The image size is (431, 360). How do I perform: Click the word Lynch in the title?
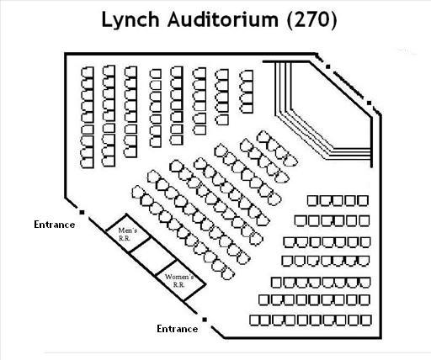point(130,20)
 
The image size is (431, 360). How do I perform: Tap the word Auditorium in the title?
point(223,19)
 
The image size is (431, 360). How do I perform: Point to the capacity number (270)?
point(311,20)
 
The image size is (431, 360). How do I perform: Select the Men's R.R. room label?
point(128,234)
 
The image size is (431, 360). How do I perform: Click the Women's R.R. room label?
point(179,280)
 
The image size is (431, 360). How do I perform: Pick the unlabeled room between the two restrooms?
point(154,256)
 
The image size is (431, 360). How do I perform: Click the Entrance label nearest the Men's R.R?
point(55,225)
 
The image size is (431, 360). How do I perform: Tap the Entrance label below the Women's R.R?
point(178,329)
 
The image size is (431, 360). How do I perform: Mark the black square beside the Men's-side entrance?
point(82,212)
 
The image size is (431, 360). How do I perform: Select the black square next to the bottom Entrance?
point(205,320)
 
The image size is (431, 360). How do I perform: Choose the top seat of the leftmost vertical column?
point(88,71)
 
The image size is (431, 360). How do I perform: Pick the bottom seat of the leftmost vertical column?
point(88,162)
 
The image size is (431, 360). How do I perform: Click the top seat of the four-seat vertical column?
point(247,76)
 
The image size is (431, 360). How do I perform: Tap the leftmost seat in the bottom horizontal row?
point(255,320)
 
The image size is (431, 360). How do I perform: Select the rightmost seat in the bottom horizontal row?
point(366,320)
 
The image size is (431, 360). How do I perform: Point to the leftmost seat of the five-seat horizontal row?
point(312,201)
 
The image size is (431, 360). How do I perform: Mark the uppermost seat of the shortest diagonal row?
point(263,137)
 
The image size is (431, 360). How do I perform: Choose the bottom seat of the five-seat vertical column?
point(222,119)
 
